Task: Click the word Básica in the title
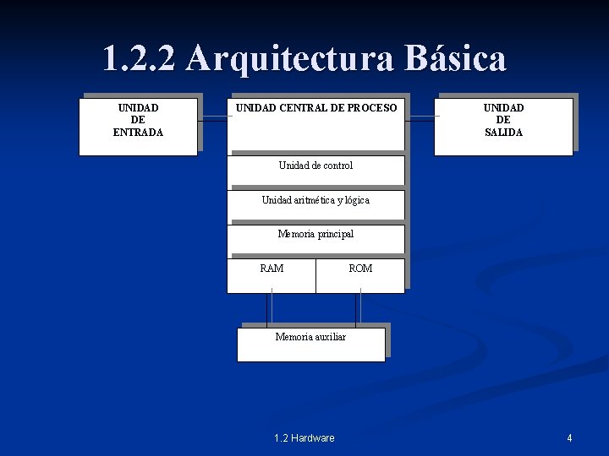tap(455, 59)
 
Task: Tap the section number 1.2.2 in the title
tap(139, 59)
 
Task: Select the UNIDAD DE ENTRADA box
tap(139, 127)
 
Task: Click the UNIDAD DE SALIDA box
tap(503, 127)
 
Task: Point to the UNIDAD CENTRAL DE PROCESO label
tap(315, 108)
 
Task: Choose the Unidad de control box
tap(315, 170)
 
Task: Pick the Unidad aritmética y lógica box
tap(315, 204)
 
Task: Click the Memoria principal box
tap(315, 239)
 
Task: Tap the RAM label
tap(272, 269)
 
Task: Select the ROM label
tap(360, 269)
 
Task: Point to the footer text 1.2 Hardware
tap(304, 438)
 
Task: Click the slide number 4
tap(569, 438)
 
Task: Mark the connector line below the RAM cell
tap(271, 309)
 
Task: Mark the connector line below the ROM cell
tap(359, 309)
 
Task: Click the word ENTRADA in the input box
tap(139, 133)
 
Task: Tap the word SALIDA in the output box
tap(503, 133)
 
